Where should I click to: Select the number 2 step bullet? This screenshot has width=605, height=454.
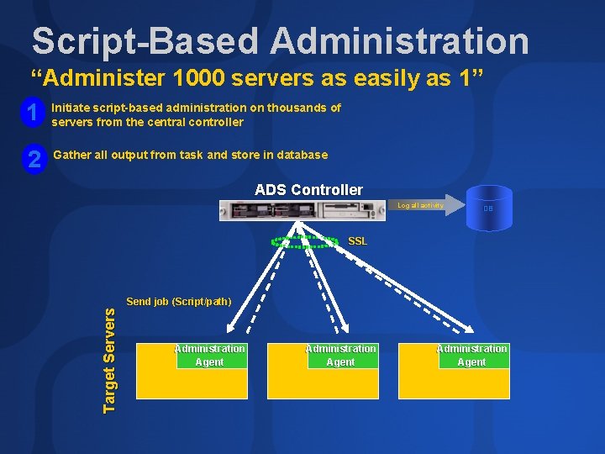click(x=34, y=157)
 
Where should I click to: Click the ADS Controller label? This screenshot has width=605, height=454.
click(x=308, y=190)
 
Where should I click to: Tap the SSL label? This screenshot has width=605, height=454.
click(x=357, y=241)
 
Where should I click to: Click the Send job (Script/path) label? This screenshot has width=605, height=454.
click(x=178, y=301)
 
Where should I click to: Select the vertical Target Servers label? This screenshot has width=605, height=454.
click(x=109, y=358)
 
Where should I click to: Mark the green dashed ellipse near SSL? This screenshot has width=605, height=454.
click(x=304, y=242)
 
